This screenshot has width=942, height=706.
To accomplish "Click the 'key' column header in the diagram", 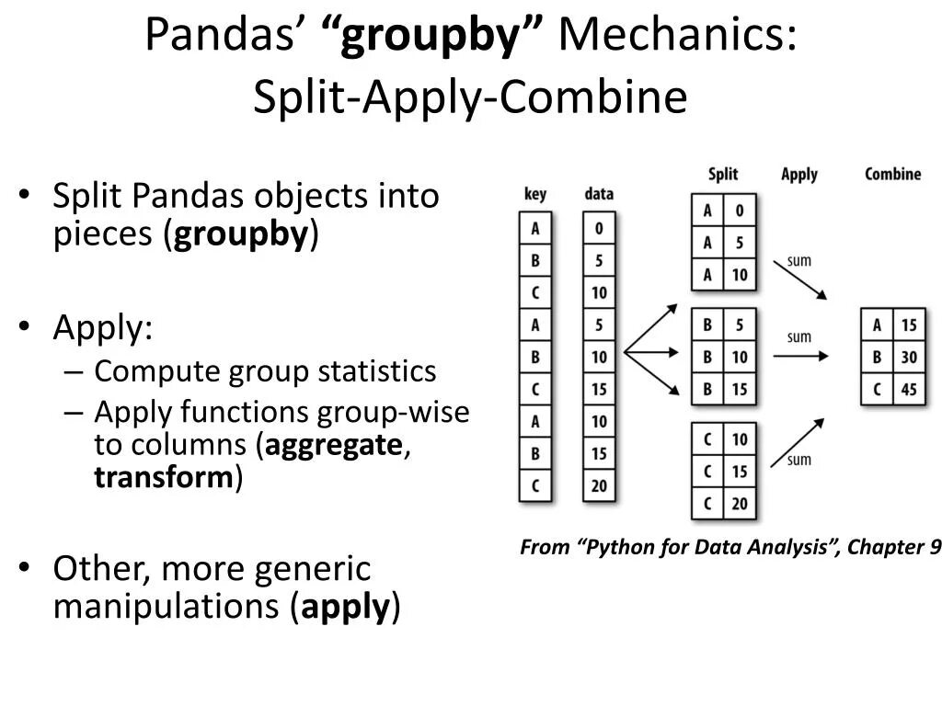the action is click(x=534, y=194).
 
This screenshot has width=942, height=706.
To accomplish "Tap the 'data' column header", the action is click(x=598, y=194).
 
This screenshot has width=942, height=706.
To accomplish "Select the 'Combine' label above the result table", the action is click(x=892, y=173).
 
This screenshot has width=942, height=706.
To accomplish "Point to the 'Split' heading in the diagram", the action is click(x=723, y=173).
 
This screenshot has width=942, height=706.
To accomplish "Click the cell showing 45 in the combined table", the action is click(x=908, y=390).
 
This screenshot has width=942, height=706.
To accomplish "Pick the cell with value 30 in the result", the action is click(x=908, y=357).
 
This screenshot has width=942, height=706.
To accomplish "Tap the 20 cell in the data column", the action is click(x=599, y=485).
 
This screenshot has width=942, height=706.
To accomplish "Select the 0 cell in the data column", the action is click(x=599, y=227).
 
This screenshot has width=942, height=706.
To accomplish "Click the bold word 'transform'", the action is click(x=165, y=478).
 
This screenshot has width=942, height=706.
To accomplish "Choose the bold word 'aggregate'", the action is click(x=333, y=445).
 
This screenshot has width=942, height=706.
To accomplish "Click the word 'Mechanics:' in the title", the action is click(x=678, y=36).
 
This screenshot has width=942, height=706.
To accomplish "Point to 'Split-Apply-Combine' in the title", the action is click(x=470, y=97).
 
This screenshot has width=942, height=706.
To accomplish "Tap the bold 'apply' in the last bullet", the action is click(x=345, y=607).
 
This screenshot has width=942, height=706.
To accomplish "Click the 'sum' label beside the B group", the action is click(x=799, y=336).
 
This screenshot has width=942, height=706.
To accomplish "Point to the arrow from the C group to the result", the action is click(x=798, y=441).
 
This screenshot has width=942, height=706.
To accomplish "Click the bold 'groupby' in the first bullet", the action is click(x=240, y=235).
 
